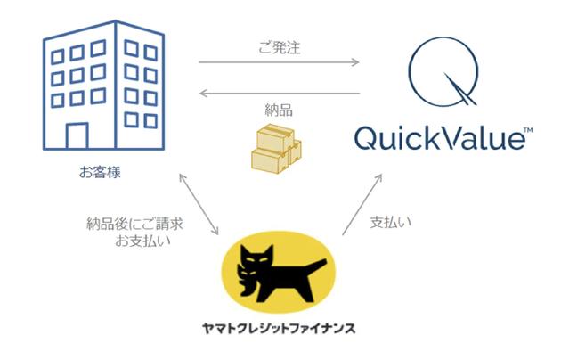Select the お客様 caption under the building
tap(99, 168)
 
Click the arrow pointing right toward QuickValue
tap(279, 62)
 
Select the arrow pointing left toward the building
tap(279, 92)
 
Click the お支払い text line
tap(142, 241)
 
